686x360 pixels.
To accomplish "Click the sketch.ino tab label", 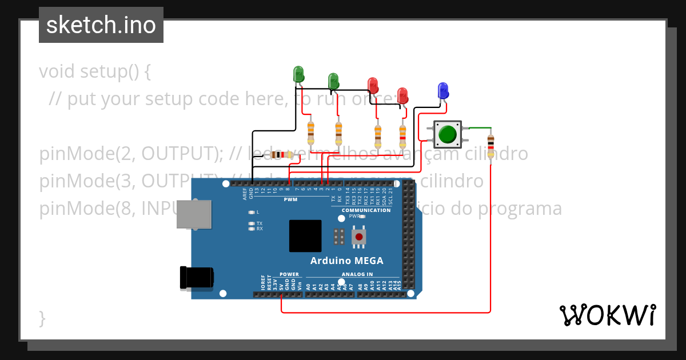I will [x=101, y=25].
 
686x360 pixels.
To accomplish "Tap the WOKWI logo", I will [x=607, y=315].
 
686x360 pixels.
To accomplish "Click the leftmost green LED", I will [x=298, y=75].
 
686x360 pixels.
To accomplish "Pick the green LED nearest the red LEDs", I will [x=333, y=81].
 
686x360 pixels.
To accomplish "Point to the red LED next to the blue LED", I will [x=402, y=95].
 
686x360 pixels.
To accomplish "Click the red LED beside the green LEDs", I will [x=373, y=85].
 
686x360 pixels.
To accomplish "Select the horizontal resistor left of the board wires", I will [x=281, y=155].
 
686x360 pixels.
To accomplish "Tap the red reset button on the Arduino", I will [x=358, y=237].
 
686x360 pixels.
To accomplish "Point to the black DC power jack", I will [x=197, y=277].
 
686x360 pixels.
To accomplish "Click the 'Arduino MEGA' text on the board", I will [x=346, y=261].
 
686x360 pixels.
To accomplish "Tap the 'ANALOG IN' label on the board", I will [x=357, y=274].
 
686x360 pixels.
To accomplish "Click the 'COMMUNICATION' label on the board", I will [x=366, y=210].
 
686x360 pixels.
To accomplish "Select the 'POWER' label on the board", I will [x=289, y=274].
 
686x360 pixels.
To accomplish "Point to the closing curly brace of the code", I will [x=42, y=318].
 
